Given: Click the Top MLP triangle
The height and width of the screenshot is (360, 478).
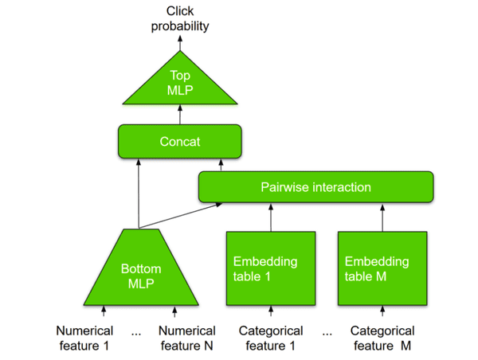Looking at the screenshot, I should point(180,84).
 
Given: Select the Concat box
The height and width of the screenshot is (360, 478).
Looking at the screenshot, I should point(179,141).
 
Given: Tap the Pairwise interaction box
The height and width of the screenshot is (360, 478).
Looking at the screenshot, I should point(315,187).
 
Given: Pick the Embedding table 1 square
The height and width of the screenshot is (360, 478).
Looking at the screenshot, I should point(271,269).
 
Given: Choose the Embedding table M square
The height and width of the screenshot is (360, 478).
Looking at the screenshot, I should point(382,269).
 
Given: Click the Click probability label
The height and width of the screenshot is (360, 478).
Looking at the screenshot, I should point(180,18).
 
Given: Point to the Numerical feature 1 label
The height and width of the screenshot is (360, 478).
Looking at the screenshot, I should point(84,338).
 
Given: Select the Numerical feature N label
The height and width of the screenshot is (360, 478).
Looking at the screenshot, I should point(187,338).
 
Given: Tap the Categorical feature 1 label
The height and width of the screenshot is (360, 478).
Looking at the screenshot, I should point(271,338).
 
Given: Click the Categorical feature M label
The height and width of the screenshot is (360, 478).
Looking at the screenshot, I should point(382,338).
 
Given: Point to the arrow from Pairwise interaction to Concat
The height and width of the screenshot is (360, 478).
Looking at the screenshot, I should point(221,166).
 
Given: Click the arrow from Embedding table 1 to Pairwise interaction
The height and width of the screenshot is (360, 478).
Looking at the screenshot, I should point(271,217).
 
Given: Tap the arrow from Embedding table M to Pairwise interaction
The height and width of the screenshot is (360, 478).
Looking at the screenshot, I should point(382,217).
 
